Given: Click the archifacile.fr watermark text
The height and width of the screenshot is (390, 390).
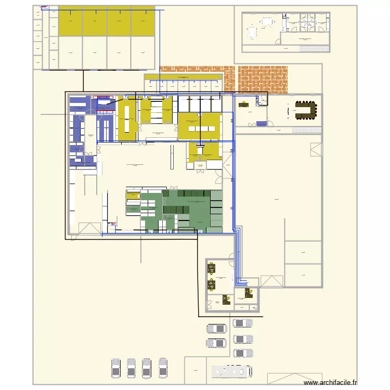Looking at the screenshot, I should tap(331, 382).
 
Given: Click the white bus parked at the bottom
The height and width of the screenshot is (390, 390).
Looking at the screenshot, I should tap(232, 371).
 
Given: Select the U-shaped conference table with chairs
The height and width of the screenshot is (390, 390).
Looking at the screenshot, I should tap(306, 110).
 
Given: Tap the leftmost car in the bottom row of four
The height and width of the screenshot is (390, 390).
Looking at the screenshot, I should tap(116, 368).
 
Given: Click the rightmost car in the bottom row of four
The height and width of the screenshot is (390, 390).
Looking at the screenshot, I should tap(163, 368).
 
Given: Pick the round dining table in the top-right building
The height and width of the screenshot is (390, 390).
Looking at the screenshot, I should tap(252, 33).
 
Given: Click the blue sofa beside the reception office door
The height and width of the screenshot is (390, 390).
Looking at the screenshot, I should tap(261, 123).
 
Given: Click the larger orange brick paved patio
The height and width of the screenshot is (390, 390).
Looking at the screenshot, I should tap(263, 79).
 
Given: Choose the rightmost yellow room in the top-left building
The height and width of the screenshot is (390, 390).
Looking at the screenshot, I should tap(142, 21).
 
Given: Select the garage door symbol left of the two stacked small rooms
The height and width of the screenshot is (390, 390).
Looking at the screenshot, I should tap(271, 281).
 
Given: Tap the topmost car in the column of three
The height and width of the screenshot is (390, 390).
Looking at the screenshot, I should tap(243, 323).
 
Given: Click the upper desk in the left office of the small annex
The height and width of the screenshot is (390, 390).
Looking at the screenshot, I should tap(212, 269).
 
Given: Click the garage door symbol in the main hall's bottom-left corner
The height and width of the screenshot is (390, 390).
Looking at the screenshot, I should tap(89, 228).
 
